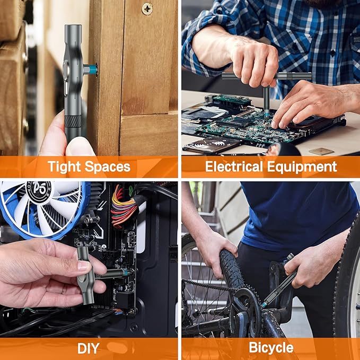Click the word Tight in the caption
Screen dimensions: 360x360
tap(64, 167)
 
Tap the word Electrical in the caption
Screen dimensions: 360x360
tap(237, 167)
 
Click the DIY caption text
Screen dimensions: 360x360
tap(88, 348)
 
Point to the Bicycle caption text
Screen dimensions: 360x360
tap(271, 348)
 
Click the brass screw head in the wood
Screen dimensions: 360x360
tap(147, 8)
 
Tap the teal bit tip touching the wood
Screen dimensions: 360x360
tap(93, 69)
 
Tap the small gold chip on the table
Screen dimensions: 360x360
tap(322, 151)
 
